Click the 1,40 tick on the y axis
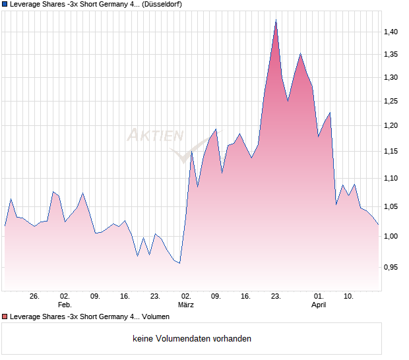392,32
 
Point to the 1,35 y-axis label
392,55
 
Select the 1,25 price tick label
392,101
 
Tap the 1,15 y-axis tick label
392,152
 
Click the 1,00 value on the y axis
392,236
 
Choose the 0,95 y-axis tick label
392,267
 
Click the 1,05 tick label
392,206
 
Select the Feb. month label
65,305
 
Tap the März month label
186,305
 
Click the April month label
319,305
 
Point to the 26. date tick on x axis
35,297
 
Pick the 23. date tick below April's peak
276,297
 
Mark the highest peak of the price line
276,20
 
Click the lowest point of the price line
179,263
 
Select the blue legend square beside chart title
5,4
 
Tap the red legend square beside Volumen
5,317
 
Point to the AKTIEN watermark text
154,136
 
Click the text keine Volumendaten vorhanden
192,339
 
